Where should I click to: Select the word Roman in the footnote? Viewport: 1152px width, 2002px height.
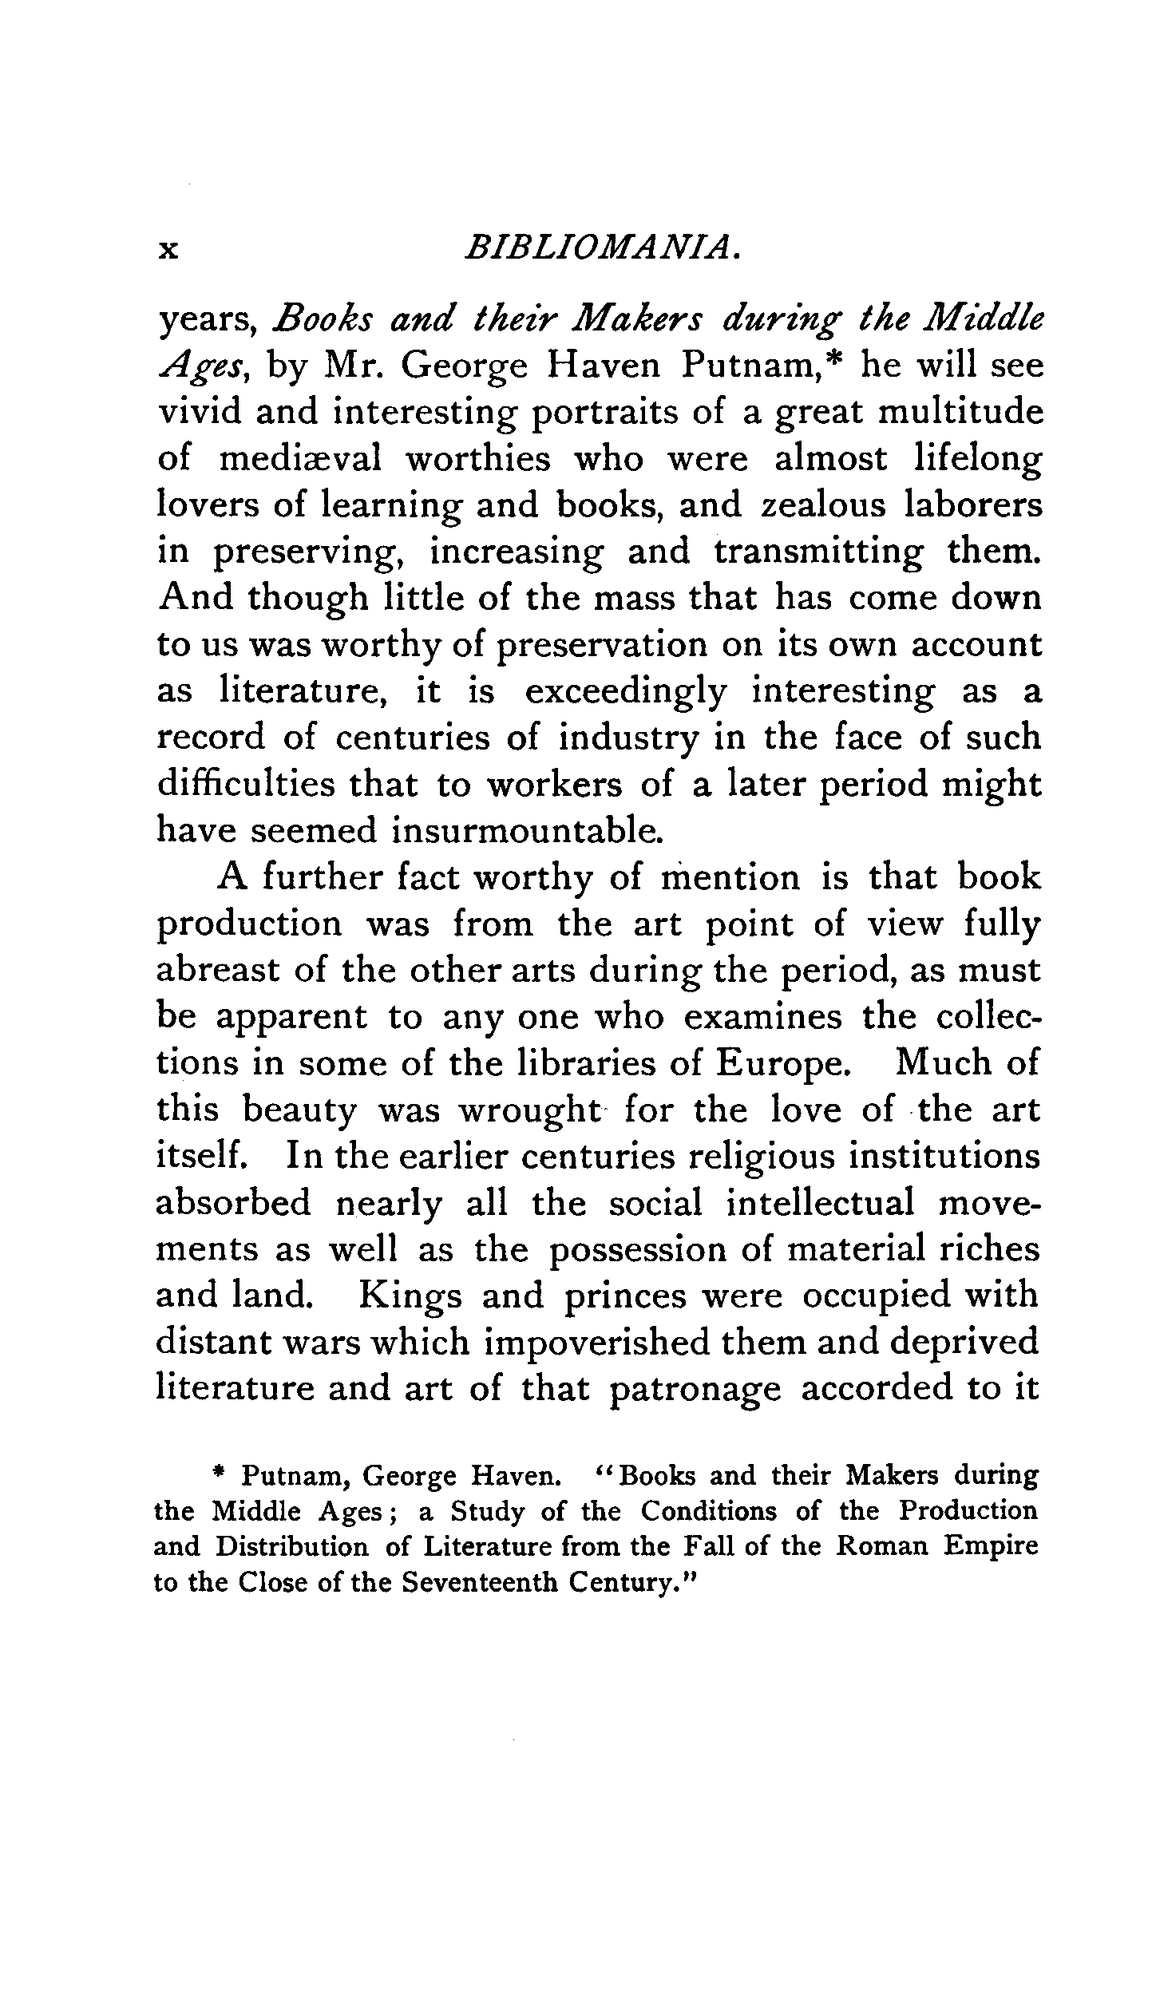[882, 1546]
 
